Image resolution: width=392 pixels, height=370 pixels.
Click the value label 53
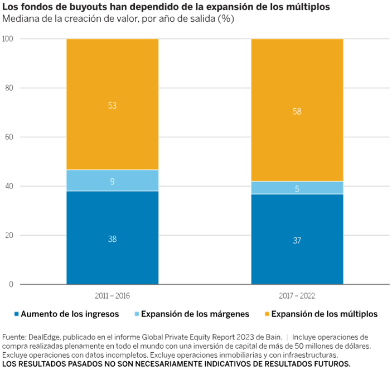(113, 105)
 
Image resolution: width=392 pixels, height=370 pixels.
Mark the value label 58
(297, 111)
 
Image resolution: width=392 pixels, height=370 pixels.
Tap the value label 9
(113, 181)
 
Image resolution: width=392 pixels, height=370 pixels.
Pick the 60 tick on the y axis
(9, 137)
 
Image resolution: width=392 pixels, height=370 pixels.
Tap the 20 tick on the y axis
(9, 235)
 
